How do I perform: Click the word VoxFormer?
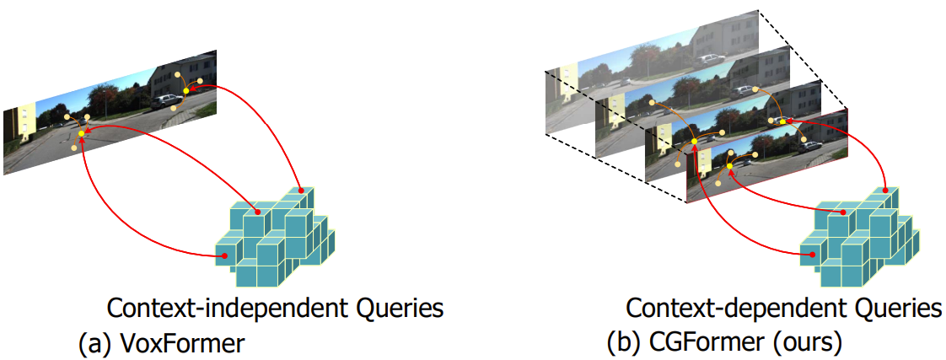pyautogui.click(x=183, y=343)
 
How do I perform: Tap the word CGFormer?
pyautogui.click(x=708, y=343)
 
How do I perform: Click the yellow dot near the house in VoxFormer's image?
pyautogui.click(x=186, y=90)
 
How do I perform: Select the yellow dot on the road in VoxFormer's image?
pyautogui.click(x=82, y=133)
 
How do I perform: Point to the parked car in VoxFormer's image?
pyautogui.click(x=164, y=101)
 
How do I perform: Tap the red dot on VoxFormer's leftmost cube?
pyautogui.click(x=223, y=255)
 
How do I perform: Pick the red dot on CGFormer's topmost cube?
pyautogui.click(x=885, y=191)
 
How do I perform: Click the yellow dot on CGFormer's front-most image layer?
pyautogui.click(x=729, y=166)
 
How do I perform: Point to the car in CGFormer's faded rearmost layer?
pyautogui.click(x=710, y=61)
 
